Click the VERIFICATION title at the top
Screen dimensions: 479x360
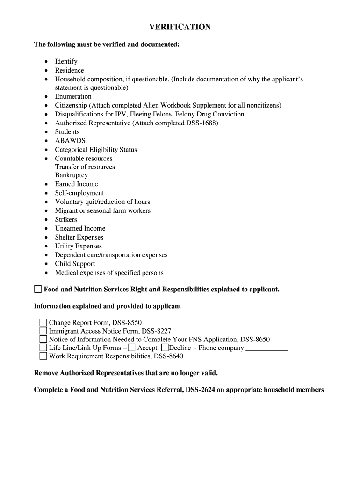coord(180,27)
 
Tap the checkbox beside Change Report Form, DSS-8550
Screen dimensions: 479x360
coord(43,322)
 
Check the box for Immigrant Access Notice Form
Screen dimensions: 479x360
coord(43,331)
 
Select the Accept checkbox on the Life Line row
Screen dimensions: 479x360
coord(132,348)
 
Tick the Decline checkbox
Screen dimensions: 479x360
coord(165,348)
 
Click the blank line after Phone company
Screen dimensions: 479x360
coord(266,348)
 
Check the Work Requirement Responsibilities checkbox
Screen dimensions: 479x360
coord(43,356)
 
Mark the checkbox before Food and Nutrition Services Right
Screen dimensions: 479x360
coord(38,289)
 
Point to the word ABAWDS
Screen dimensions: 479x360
coord(70,141)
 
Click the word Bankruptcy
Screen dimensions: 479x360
coord(72,175)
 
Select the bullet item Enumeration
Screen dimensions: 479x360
coord(73,97)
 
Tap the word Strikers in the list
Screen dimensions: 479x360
coord(66,220)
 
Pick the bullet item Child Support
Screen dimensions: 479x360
coord(75,264)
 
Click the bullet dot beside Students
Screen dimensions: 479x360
coord(46,132)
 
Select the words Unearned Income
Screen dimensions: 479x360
coord(80,229)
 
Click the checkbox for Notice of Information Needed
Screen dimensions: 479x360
coord(43,339)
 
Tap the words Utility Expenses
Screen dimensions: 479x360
coord(78,247)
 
